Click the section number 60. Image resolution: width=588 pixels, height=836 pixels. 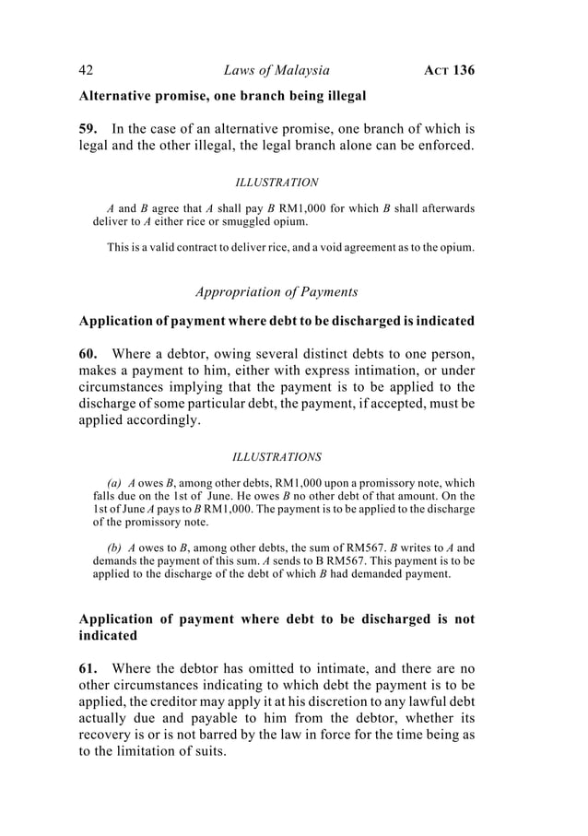pos(89,352)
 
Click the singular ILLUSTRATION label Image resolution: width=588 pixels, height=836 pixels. pos(276,183)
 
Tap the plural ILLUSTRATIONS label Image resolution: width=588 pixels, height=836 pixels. pos(276,456)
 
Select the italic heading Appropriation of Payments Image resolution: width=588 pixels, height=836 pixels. pos(276,292)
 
